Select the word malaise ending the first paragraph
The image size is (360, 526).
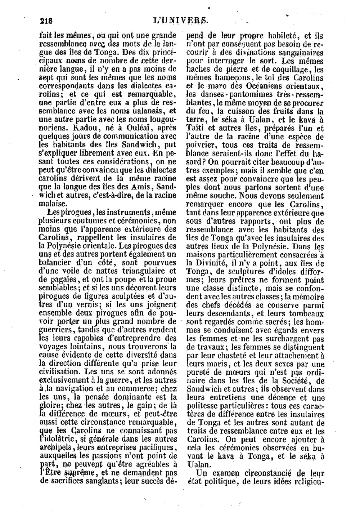click(53, 203)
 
